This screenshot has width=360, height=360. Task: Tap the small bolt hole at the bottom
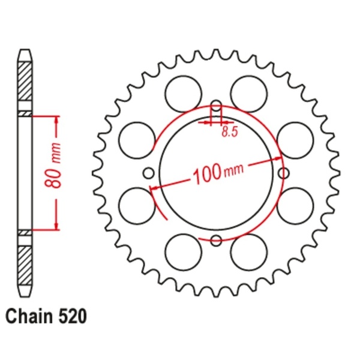(216, 241)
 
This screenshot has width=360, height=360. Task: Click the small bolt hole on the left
(148, 173)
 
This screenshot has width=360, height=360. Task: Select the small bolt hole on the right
(284, 173)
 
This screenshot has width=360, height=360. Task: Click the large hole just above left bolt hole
(135, 140)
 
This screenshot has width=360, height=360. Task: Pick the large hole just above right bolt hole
(297, 140)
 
